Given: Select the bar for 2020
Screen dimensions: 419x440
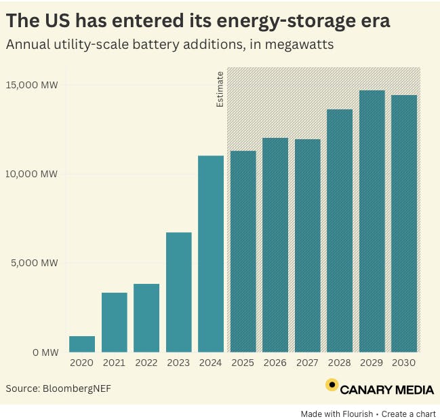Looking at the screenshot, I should pyautogui.click(x=82, y=344).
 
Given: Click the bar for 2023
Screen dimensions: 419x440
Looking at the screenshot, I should pyautogui.click(x=178, y=292).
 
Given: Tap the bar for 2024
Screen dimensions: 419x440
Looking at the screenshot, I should pyautogui.click(x=211, y=254).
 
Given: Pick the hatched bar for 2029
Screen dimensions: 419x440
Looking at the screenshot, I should pyautogui.click(x=372, y=221).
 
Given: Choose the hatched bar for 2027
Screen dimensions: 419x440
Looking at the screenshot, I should pyautogui.click(x=307, y=245).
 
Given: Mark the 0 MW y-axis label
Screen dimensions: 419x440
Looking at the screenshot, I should pyautogui.click(x=45, y=352).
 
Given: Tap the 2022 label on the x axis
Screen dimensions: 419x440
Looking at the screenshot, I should pyautogui.click(x=146, y=363).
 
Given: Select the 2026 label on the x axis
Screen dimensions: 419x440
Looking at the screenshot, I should pyautogui.click(x=275, y=363).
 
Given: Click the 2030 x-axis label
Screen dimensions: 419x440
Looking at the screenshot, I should pyautogui.click(x=404, y=363).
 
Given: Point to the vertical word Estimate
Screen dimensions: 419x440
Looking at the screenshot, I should pyautogui.click(x=220, y=90).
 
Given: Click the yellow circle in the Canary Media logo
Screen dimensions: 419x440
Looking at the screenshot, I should pyautogui.click(x=332, y=385).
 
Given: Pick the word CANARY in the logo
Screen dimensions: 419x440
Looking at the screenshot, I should pyautogui.click(x=365, y=390).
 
